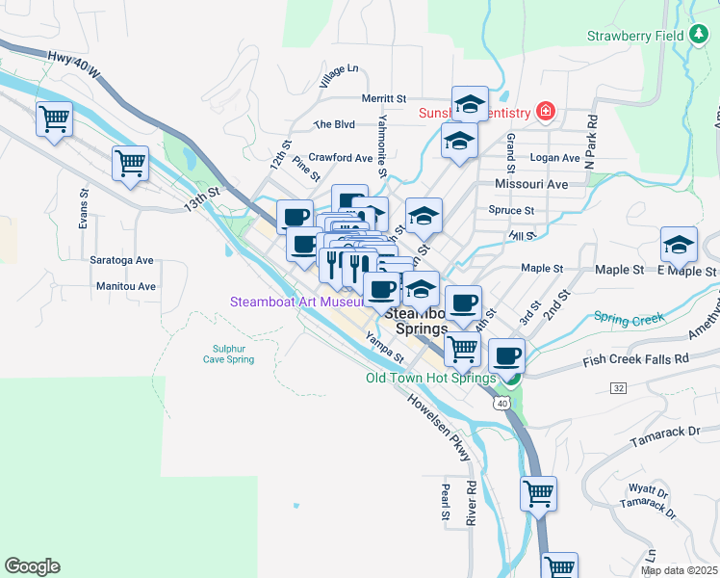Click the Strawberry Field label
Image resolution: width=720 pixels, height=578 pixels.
pyautogui.click(x=635, y=37)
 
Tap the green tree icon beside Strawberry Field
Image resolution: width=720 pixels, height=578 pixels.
pyautogui.click(x=700, y=36)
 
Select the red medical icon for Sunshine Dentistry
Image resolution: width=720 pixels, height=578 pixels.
pyautogui.click(x=547, y=113)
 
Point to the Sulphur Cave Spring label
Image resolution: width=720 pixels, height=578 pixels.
pyautogui.click(x=228, y=354)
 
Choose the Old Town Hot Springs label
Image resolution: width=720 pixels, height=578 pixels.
pyautogui.click(x=430, y=378)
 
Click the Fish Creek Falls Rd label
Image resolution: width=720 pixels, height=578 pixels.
pyautogui.click(x=636, y=359)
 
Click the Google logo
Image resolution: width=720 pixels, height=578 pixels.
pyautogui.click(x=32, y=566)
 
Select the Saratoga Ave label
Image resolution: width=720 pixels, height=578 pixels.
pyautogui.click(x=122, y=260)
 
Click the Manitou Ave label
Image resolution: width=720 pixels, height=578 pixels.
pyautogui.click(x=126, y=286)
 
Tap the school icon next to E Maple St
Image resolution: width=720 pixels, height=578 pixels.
pyautogui.click(x=679, y=245)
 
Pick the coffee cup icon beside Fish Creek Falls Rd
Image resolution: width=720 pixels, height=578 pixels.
pyautogui.click(x=506, y=356)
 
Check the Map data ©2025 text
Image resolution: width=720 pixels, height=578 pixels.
pyautogui.click(x=679, y=570)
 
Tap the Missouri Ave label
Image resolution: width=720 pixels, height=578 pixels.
pyautogui.click(x=530, y=183)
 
